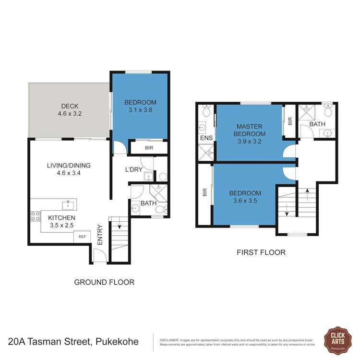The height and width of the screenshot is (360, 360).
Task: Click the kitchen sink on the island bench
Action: [x=69, y=205]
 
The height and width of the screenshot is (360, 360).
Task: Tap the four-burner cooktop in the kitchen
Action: [x=36, y=216]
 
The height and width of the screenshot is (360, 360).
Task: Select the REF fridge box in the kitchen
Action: [x=82, y=236]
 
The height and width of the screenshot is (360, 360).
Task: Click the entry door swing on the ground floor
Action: [x=97, y=257]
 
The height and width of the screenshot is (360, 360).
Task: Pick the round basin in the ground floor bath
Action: [x=135, y=208]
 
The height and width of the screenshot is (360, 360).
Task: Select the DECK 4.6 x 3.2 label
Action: [x=70, y=110]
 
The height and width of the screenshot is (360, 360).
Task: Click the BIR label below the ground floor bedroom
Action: [x=149, y=148]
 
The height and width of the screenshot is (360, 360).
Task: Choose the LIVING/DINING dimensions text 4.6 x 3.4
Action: [x=69, y=174]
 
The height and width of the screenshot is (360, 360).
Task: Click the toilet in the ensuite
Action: [x=206, y=111]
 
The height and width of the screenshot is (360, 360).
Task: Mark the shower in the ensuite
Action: [x=206, y=153]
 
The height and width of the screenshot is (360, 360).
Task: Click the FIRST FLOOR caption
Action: [x=261, y=252]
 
